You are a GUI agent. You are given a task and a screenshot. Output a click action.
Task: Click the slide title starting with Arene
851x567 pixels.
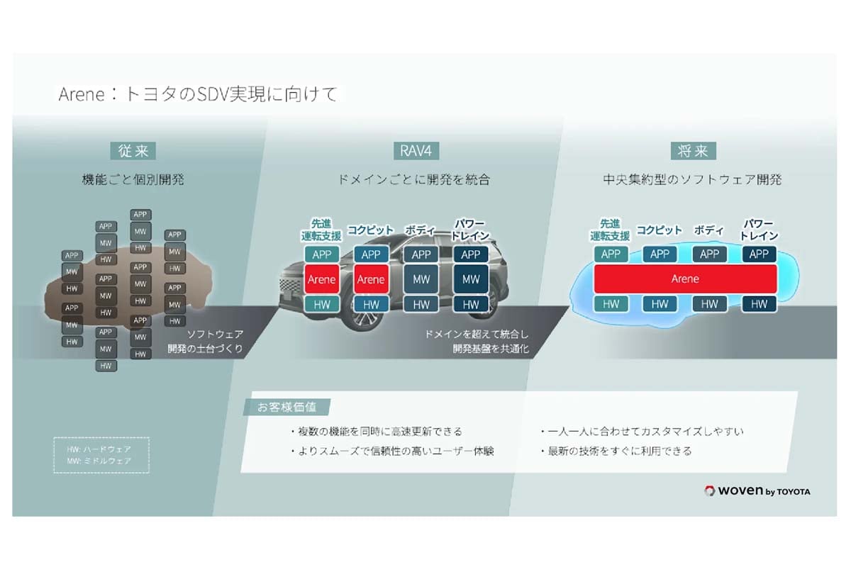point(198,94)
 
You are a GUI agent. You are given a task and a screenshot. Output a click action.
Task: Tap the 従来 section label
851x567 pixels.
point(133,151)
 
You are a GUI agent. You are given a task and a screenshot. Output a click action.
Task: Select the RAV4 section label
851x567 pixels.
point(416,151)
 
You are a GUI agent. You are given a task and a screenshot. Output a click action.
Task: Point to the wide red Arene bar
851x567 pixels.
point(685,279)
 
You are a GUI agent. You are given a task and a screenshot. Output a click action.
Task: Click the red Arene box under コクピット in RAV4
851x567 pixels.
point(371,279)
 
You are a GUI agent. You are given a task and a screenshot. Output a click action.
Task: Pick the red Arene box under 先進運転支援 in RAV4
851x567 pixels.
point(321,279)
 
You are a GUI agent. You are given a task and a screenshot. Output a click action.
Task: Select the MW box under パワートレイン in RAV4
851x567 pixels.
point(471,279)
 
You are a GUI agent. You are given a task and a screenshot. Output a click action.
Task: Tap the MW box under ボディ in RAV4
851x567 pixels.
point(421,279)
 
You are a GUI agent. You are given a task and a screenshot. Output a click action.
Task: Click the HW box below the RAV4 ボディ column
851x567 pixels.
point(421,304)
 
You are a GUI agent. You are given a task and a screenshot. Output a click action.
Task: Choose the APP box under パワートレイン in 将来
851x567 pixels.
point(759,254)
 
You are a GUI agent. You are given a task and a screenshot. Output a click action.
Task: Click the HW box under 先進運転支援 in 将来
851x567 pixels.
point(611,304)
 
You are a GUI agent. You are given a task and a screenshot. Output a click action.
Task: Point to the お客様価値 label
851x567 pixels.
point(287,408)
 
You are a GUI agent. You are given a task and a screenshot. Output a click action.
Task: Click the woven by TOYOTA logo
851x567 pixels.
point(757,491)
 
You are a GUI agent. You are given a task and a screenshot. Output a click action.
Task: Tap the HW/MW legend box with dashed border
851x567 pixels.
point(102,455)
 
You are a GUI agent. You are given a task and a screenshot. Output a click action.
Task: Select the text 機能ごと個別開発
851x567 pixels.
point(133,179)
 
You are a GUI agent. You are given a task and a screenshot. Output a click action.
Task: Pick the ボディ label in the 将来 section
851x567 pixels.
point(708,230)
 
